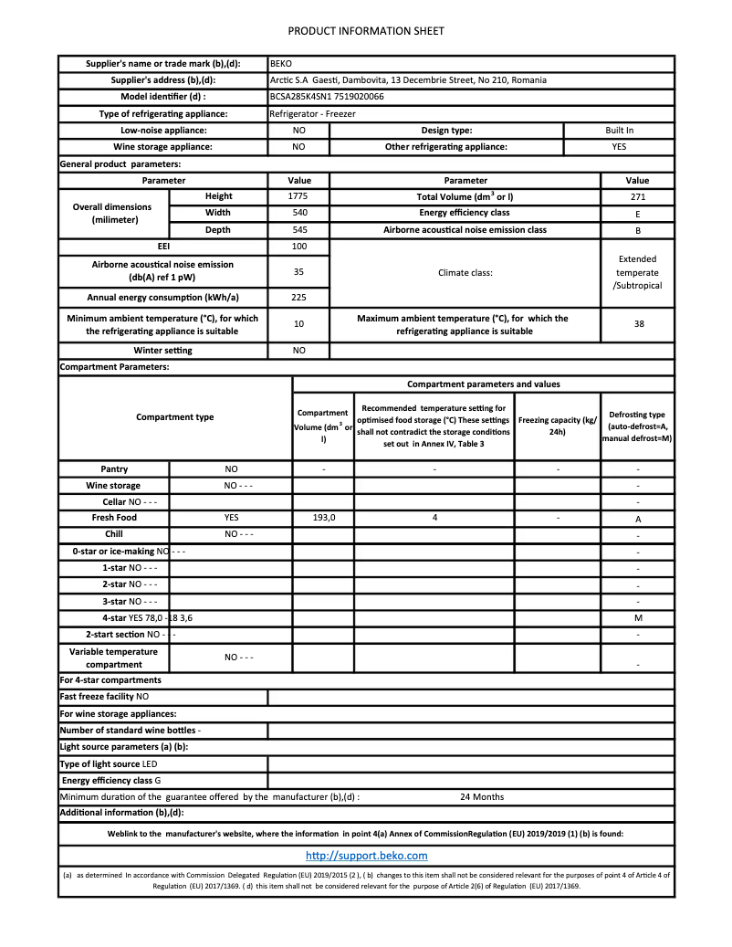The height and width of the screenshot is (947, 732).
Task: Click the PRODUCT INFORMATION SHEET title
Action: pos(366,31)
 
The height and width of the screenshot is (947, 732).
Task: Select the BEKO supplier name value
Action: pos(281,64)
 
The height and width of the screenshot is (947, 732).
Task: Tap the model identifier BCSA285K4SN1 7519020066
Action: pos(327,97)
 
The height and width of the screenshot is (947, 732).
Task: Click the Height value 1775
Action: pos(298,196)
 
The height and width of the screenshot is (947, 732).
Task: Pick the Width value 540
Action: pos(298,213)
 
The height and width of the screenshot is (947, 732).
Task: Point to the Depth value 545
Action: pos(298,230)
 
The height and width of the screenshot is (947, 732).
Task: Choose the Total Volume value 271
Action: pos(638,196)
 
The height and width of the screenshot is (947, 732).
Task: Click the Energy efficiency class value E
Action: pos(638,214)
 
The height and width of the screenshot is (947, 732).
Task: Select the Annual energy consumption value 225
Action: pos(298,298)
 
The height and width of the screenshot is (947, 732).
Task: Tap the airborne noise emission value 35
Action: pos(298,271)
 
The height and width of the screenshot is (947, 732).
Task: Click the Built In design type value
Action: pos(619,131)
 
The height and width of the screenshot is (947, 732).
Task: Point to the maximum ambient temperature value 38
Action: pos(638,323)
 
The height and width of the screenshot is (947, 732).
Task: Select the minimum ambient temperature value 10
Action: pos(298,323)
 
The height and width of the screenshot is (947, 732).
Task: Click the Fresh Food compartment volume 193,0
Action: pos(323,518)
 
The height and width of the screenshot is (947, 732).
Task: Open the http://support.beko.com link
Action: pos(366,856)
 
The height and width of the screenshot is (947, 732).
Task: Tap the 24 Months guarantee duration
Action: pos(482,796)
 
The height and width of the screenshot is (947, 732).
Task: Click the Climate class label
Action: pos(465,272)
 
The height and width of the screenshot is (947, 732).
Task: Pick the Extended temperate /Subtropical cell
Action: pos(637,272)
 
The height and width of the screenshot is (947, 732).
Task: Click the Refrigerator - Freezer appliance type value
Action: pos(312,114)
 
